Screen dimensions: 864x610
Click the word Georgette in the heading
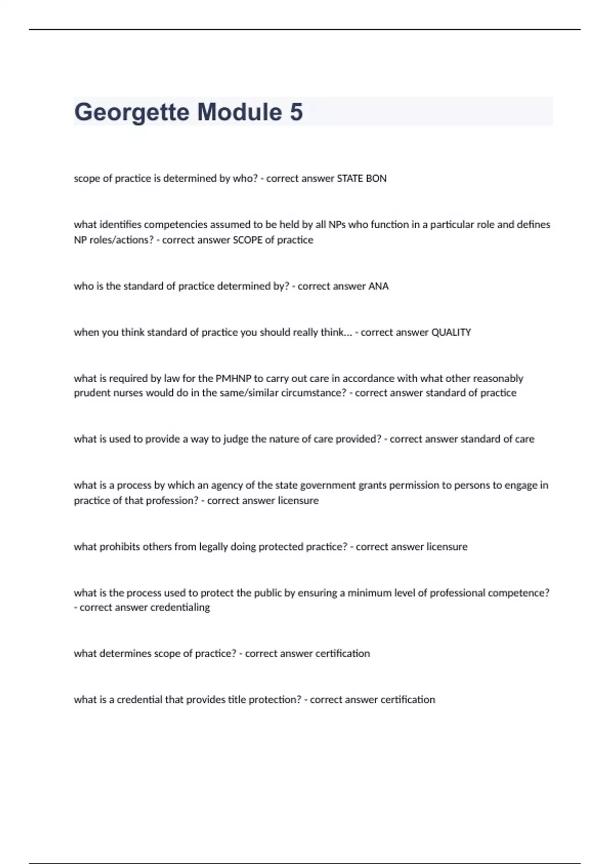132,112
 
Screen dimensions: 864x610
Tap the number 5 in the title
296,112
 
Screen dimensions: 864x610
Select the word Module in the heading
239,112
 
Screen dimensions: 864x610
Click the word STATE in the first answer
350,178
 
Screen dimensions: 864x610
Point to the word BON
376,178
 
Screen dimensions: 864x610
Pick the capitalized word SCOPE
247,240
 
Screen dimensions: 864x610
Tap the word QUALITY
451,332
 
